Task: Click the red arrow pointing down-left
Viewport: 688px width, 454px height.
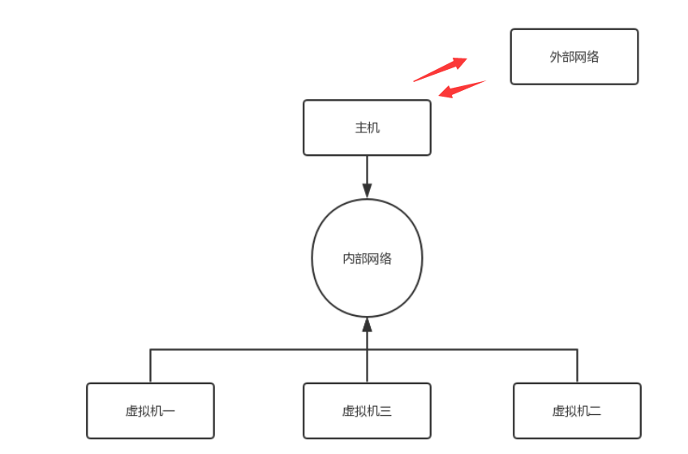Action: click(461, 89)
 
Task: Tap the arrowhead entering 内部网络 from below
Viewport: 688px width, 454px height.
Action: click(367, 325)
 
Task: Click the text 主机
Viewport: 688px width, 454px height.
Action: click(367, 128)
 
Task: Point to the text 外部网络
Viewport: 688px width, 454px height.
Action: click(574, 57)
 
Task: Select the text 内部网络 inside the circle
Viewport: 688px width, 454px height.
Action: click(367, 258)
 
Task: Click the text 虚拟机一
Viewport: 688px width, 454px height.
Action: click(150, 411)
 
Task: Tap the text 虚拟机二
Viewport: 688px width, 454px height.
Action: click(577, 411)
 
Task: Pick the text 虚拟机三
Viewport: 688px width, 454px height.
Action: click(367, 411)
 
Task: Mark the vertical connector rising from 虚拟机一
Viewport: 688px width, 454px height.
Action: click(150, 365)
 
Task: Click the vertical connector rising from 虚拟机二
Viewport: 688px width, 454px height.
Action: click(577, 365)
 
